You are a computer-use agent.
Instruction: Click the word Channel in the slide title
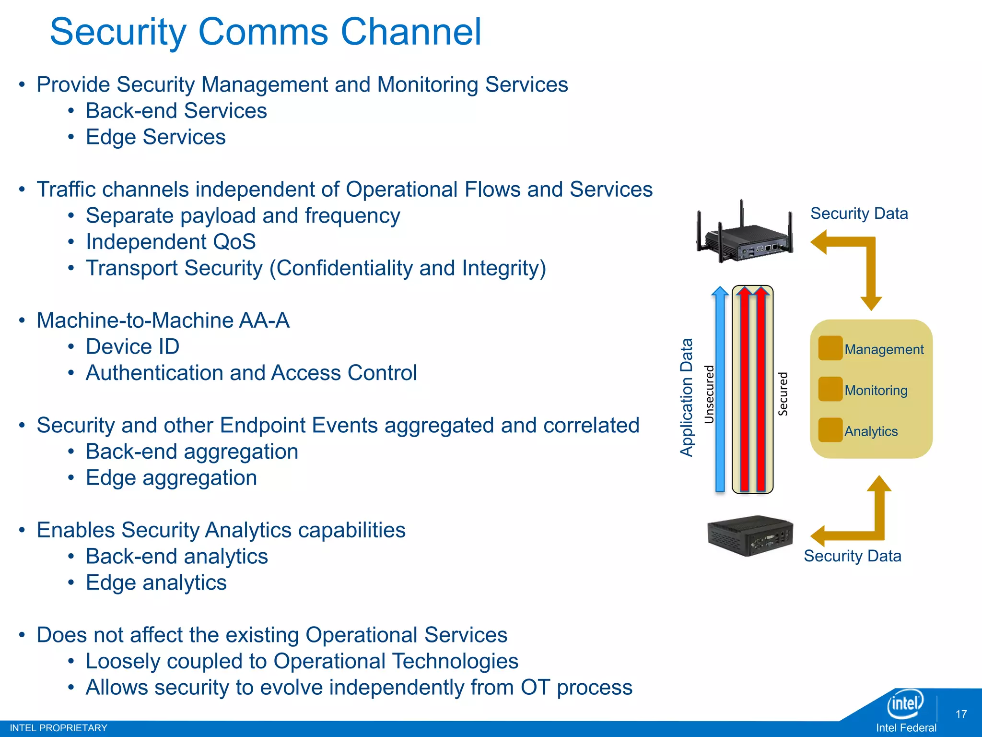(410, 32)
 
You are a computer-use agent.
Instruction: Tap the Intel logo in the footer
(905, 704)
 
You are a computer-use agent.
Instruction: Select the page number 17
(961, 714)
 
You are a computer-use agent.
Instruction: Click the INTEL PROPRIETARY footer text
(58, 728)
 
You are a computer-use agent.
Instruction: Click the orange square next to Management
(830, 348)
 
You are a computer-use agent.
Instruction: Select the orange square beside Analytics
(830, 430)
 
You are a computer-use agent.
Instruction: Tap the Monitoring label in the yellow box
(876, 390)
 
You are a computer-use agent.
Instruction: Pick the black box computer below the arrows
(750, 535)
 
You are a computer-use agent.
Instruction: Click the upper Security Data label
(859, 214)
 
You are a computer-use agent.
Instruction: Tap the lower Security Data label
(852, 556)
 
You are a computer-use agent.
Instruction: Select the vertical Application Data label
(687, 397)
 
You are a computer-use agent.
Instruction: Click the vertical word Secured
(783, 393)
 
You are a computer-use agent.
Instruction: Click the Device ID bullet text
(132, 346)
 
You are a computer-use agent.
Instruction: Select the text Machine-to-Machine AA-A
(163, 321)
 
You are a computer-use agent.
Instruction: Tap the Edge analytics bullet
(156, 582)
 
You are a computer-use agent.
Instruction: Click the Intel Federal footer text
(906, 728)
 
